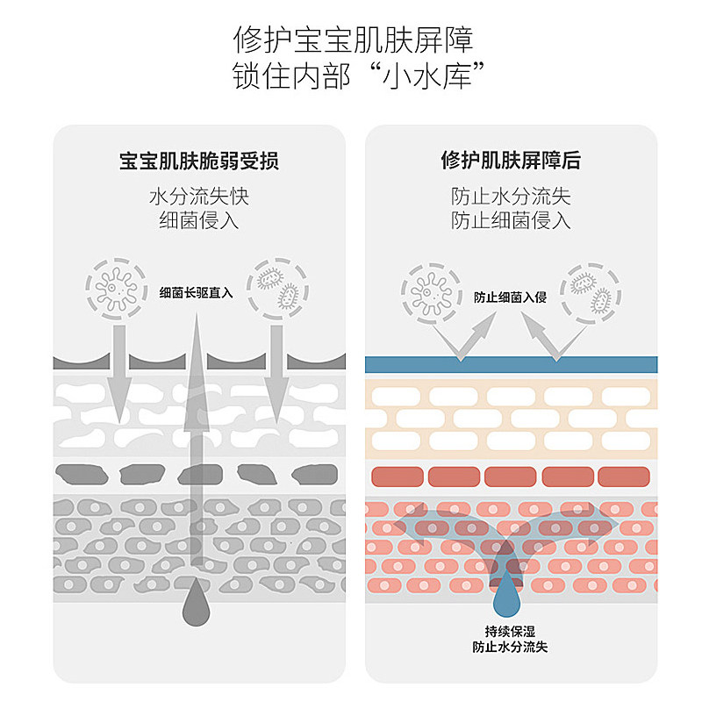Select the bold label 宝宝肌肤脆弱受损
point(199,161)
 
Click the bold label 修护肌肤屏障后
point(511,161)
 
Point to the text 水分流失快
point(199,196)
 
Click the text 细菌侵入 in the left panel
point(199,219)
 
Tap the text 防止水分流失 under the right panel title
point(511,196)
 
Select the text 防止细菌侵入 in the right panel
point(511,219)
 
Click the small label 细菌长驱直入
point(197,293)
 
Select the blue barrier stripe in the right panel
point(511,363)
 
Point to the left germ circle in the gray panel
point(113,284)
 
